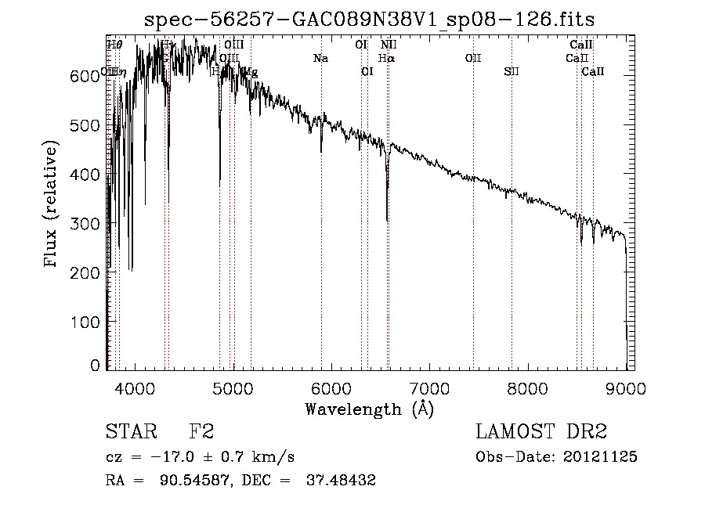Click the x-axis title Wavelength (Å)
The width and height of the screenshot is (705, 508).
pyautogui.click(x=369, y=409)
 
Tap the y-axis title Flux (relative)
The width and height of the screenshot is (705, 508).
pyautogui.click(x=52, y=206)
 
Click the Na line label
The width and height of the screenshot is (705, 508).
pyautogui.click(x=320, y=59)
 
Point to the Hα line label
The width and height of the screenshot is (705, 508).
pyautogui.click(x=386, y=59)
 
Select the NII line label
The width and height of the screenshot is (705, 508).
pyautogui.click(x=389, y=45)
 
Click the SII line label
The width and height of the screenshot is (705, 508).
pyautogui.click(x=512, y=72)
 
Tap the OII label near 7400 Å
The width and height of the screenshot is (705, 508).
pyautogui.click(x=473, y=59)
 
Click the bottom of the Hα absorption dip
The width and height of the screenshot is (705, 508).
pyautogui.click(x=387, y=220)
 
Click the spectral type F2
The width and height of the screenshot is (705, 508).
pyautogui.click(x=201, y=432)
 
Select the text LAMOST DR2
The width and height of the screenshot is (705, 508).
pyautogui.click(x=541, y=432)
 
